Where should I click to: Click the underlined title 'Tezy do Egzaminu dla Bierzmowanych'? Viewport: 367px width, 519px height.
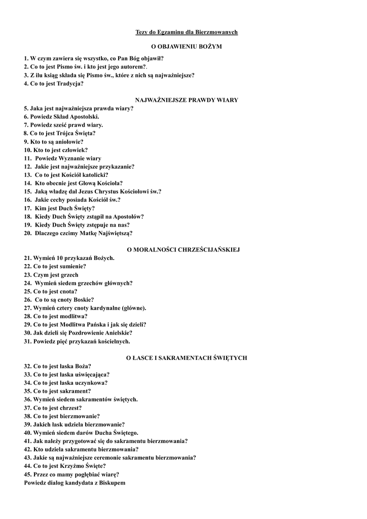(187, 32)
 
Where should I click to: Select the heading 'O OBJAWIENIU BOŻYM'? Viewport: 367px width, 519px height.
(187, 46)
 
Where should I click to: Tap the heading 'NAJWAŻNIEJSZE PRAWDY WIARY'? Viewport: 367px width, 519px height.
(187, 100)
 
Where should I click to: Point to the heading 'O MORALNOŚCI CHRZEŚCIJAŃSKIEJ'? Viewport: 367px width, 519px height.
(183, 249)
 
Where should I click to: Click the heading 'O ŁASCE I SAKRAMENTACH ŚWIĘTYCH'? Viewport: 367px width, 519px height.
(187, 358)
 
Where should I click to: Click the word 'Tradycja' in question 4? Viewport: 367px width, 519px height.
(71, 84)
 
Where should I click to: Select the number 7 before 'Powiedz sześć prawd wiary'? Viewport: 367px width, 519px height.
(26, 125)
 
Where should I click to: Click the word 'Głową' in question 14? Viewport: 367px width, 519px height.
(89, 183)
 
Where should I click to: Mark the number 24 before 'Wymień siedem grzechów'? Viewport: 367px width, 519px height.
(28, 283)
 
